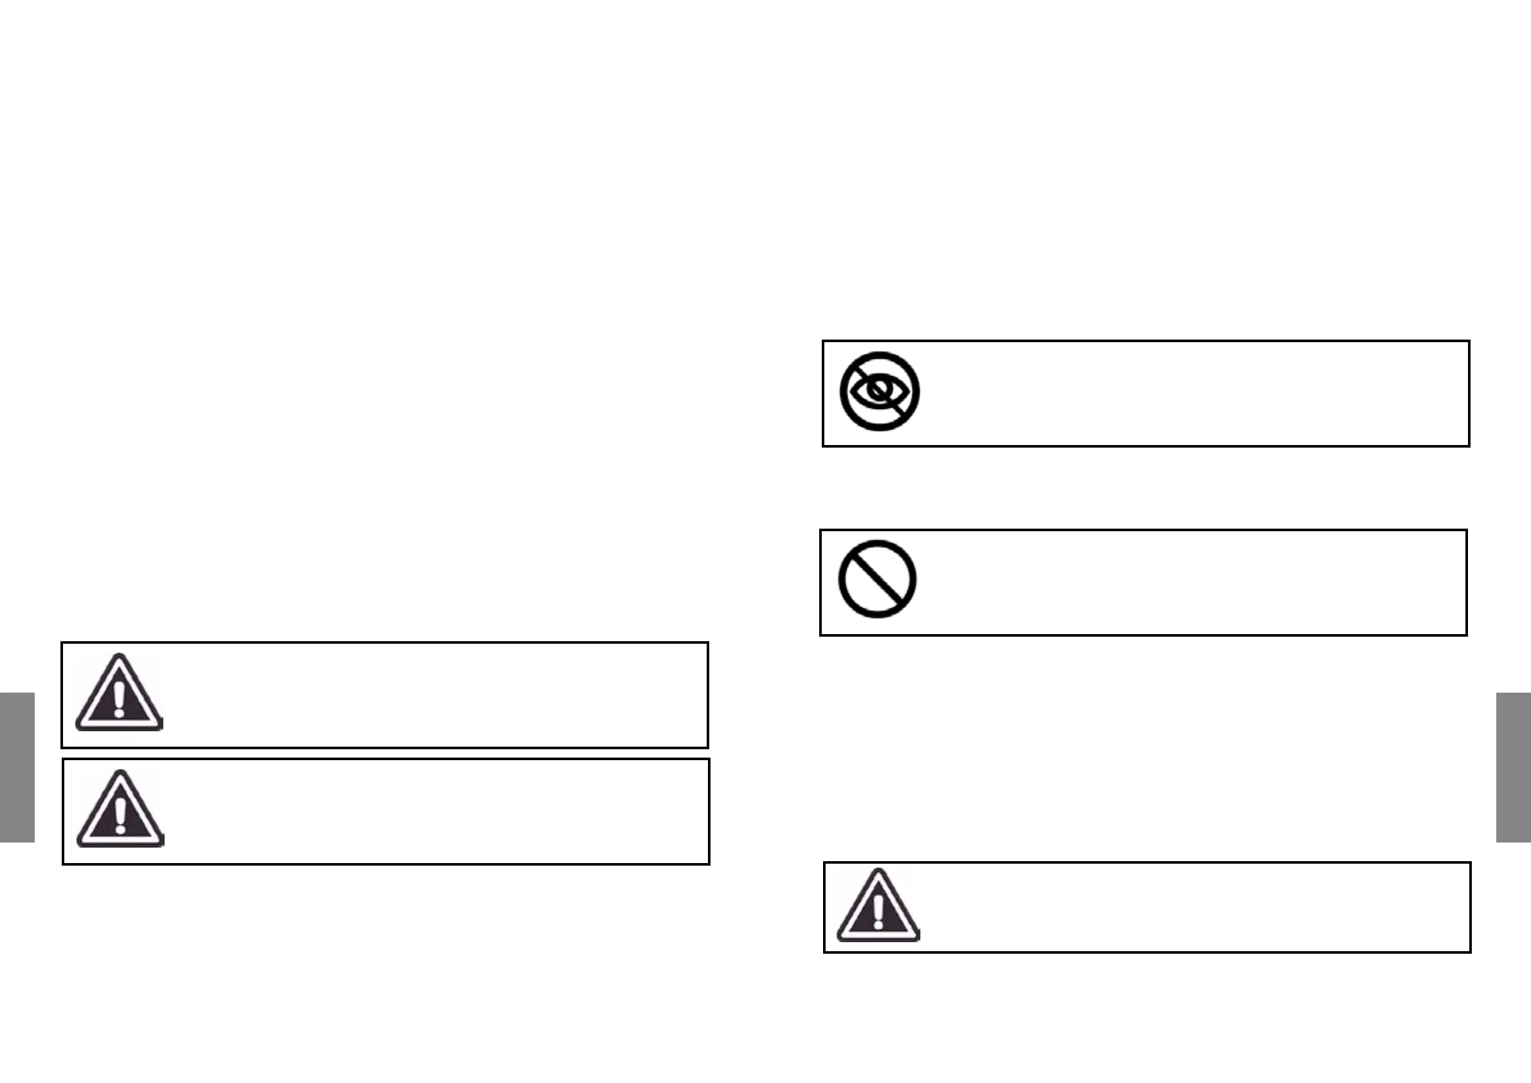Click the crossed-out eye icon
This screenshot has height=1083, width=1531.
[x=880, y=392]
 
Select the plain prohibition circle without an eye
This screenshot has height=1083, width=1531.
[x=877, y=579]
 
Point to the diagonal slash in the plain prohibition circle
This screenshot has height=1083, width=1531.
[x=877, y=579]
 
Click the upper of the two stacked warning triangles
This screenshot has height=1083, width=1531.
[x=120, y=693]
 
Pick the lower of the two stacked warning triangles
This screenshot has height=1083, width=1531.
[x=120, y=810]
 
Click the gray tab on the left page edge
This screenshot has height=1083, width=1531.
[x=17, y=767]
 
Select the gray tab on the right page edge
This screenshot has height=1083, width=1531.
[x=1513, y=767]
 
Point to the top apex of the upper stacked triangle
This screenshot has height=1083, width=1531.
[x=120, y=656]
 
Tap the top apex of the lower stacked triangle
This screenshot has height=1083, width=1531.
[x=120, y=772]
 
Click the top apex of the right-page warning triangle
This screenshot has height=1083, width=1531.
[x=879, y=871]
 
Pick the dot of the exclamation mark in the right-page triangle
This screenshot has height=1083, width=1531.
[x=878, y=925]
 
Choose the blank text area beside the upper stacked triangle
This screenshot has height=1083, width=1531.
[x=433, y=695]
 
